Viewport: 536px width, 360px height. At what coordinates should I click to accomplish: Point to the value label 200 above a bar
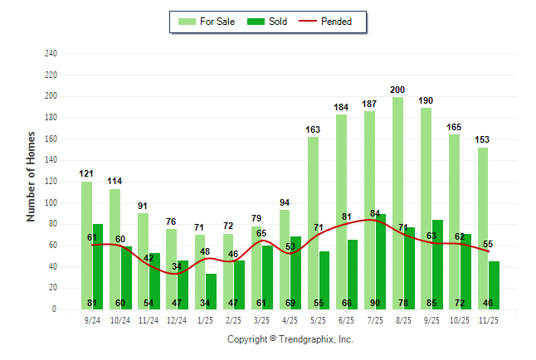398,90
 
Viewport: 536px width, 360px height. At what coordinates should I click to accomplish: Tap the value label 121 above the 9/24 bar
87,173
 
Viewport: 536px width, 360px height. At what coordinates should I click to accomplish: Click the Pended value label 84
374,213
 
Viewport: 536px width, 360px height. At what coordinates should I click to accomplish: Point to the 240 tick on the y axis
51,54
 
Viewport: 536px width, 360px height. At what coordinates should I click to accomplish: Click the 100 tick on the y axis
51,203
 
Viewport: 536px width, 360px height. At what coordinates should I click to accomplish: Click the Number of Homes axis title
32,176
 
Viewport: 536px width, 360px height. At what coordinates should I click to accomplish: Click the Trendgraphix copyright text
290,339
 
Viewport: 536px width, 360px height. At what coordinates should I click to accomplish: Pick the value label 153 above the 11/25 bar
483,139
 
